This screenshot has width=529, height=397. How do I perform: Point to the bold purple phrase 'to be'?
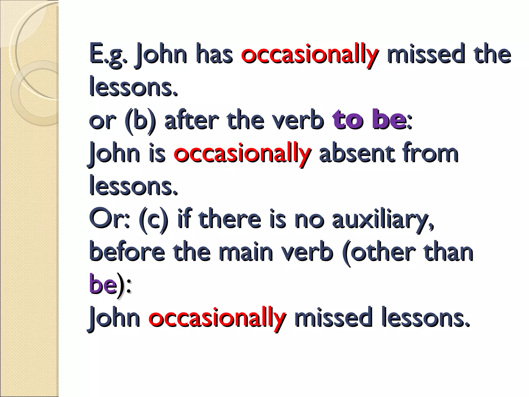pos(369,120)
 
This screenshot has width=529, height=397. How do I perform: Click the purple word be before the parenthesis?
pos(103,284)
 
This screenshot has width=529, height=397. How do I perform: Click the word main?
pos(246,252)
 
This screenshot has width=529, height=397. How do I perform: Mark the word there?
pos(230,219)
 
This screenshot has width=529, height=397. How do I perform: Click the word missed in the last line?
pos(333,318)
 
